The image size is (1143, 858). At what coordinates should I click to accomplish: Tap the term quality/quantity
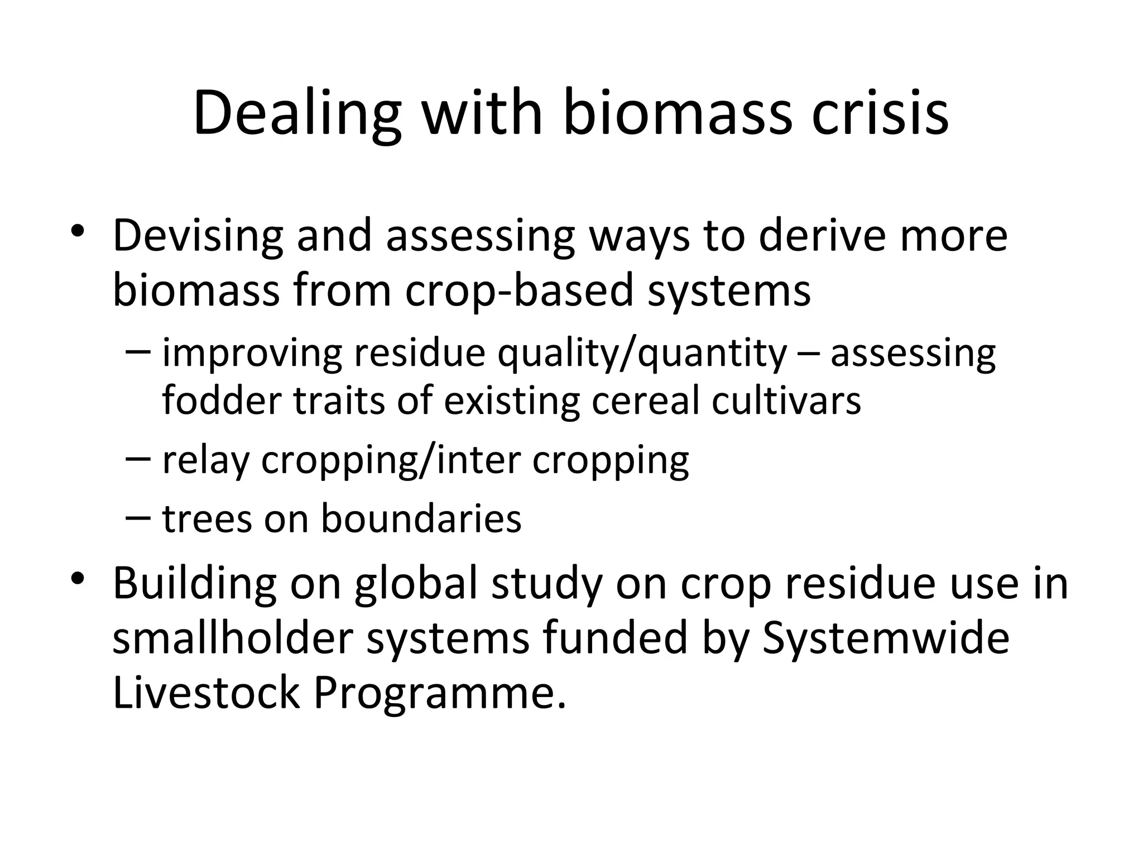pyautogui.click(x=642, y=354)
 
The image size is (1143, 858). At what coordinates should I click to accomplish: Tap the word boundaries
pyautogui.click(x=421, y=518)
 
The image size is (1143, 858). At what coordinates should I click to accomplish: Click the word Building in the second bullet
pyautogui.click(x=194, y=583)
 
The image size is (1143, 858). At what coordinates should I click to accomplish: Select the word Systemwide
pyautogui.click(x=886, y=638)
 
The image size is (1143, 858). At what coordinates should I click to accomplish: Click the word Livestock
pyautogui.click(x=206, y=693)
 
